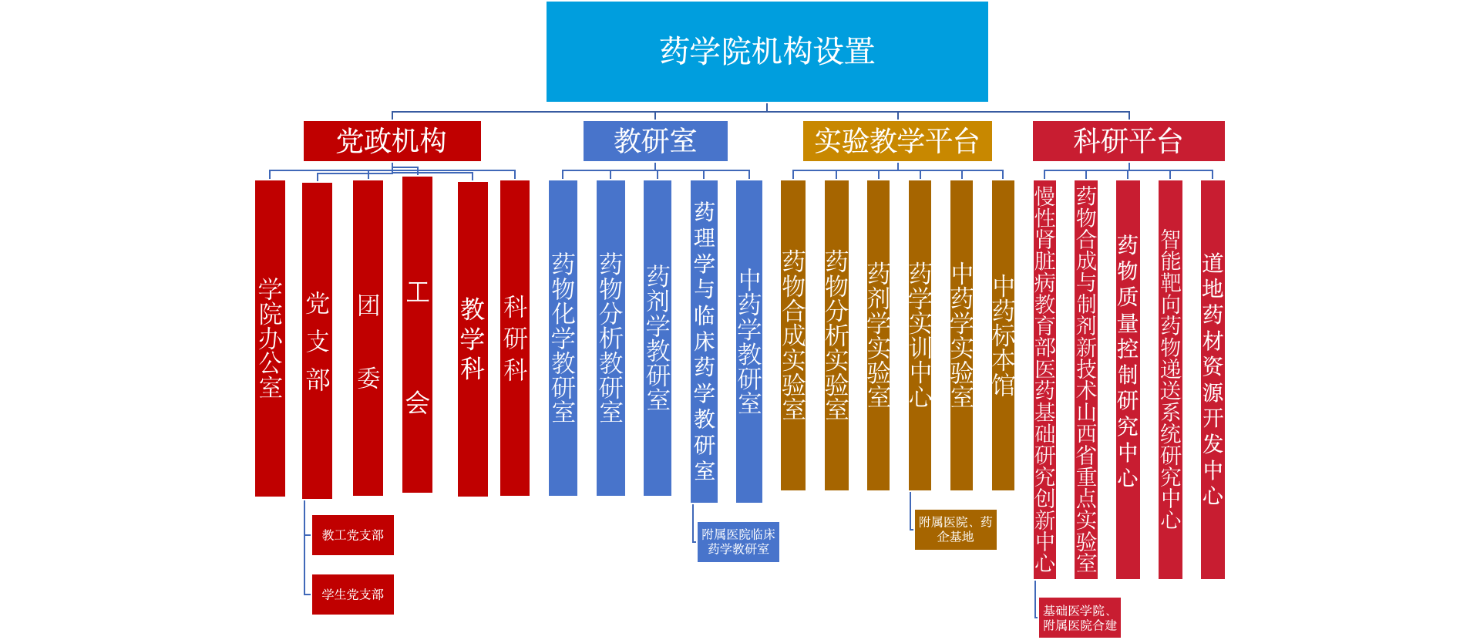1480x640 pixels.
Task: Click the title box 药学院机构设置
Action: [767, 52]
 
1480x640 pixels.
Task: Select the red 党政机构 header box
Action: [392, 141]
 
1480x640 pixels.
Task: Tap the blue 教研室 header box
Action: [655, 141]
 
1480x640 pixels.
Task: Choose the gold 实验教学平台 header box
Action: [897, 141]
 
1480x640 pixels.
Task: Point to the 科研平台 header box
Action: [1128, 141]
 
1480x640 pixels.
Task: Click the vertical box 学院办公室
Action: [270, 338]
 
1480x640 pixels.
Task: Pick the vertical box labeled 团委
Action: [368, 338]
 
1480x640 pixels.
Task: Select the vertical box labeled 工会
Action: [417, 335]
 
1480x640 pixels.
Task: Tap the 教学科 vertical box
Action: [473, 339]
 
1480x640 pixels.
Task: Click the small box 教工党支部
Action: [353, 535]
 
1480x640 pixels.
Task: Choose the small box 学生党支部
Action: [353, 595]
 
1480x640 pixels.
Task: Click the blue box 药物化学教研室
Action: [563, 338]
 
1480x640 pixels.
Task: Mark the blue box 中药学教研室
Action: [749, 341]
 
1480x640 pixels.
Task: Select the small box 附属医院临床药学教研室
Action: [738, 542]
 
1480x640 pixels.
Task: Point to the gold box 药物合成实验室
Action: [793, 335]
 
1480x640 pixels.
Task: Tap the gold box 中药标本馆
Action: [1003, 335]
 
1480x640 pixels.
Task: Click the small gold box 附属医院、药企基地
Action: [956, 530]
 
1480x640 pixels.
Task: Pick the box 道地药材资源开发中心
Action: [1213, 379]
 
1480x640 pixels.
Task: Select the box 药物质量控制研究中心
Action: [1128, 379]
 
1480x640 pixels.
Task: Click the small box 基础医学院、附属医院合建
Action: [1080, 618]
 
